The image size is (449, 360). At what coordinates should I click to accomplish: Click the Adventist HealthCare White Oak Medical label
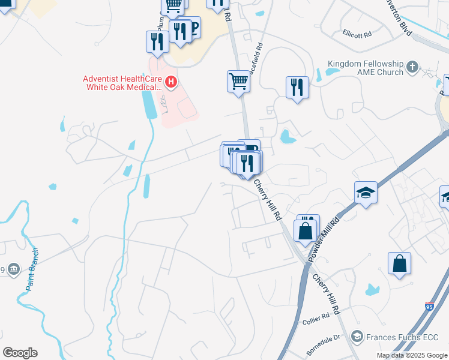pos(122,83)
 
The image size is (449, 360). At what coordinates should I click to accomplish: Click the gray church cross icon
pos(412,67)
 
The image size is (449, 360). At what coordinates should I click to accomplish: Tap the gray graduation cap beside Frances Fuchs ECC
pos(358,335)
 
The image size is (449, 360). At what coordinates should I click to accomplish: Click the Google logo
pos(20,353)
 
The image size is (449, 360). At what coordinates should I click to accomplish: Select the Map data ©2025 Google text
pos(411,355)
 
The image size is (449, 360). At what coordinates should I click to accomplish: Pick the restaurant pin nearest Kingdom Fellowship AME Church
pos(297,87)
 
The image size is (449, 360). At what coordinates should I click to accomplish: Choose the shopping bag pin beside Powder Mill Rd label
pos(306,230)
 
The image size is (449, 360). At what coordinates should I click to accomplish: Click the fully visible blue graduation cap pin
pos(366,193)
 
